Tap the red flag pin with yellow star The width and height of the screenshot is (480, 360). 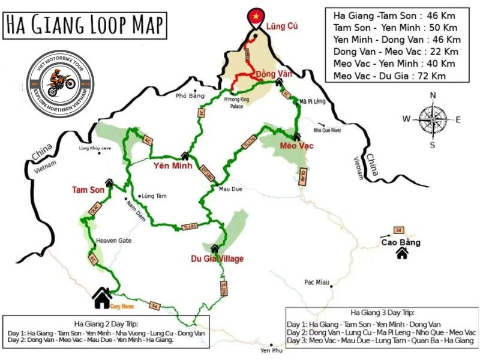pos(256,16)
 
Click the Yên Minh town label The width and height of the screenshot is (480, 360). pos(169,165)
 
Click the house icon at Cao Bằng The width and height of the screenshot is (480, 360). pos(402,254)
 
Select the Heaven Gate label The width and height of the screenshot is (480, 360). pos(113,241)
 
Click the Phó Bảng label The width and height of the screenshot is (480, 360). pos(186,95)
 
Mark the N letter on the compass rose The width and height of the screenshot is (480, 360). pos(433,95)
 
